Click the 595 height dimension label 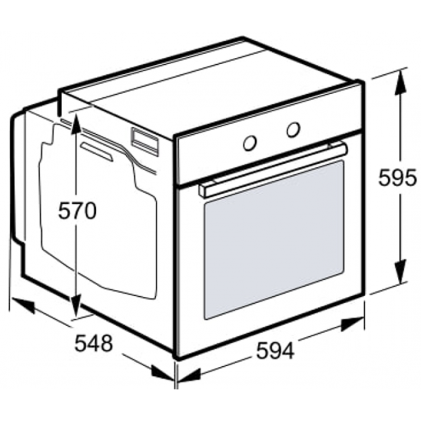point(397,178)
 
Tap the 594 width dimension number point(275,350)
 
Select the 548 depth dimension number point(94,343)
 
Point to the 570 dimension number point(77,210)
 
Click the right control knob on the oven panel point(293,129)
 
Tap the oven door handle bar point(273,169)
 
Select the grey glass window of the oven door point(274,240)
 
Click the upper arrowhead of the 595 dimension point(400,81)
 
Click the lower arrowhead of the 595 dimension point(400,271)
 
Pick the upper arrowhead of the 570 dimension point(76,124)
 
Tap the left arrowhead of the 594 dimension point(189,375)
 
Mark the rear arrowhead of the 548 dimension point(23,305)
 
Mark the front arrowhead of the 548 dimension point(163,373)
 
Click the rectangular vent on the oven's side point(144,142)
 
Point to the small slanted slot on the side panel point(97,152)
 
